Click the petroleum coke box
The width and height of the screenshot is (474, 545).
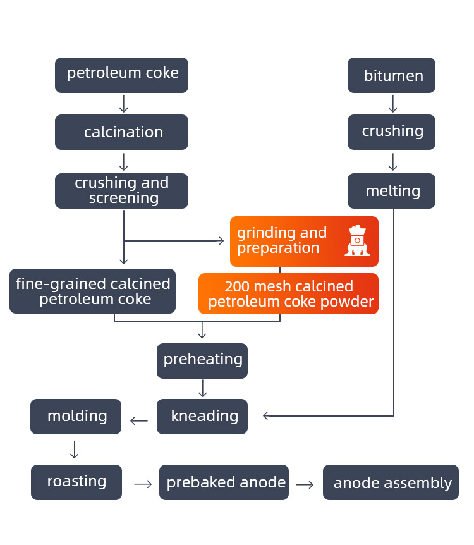(x=121, y=75)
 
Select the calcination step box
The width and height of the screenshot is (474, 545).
(x=121, y=132)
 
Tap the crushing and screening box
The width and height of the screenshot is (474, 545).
(x=121, y=190)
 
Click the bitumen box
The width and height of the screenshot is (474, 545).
(x=391, y=75)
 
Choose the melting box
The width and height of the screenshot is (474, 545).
(x=391, y=190)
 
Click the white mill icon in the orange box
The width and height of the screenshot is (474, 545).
(x=357, y=241)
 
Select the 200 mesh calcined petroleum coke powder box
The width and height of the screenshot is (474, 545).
(x=288, y=294)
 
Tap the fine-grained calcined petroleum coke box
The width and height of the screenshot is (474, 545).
(x=92, y=291)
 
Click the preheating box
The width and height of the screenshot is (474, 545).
(x=202, y=360)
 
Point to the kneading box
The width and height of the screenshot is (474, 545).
(x=202, y=416)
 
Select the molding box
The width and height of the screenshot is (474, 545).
(x=76, y=416)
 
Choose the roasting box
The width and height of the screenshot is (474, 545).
(x=76, y=482)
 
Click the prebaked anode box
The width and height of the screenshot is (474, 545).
(x=224, y=482)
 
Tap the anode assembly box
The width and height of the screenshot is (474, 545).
(x=391, y=483)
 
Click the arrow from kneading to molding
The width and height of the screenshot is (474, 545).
(x=139, y=420)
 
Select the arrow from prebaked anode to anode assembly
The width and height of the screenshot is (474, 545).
(x=305, y=484)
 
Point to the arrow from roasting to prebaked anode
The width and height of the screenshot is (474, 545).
(x=143, y=484)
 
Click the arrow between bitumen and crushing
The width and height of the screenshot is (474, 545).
(x=392, y=104)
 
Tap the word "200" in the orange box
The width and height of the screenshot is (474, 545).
(x=238, y=287)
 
